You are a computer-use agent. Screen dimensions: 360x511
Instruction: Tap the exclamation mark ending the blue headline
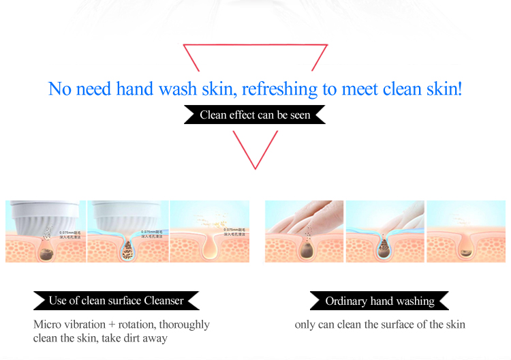click(x=459, y=89)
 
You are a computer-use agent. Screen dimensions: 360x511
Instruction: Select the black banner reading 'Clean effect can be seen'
click(x=255, y=115)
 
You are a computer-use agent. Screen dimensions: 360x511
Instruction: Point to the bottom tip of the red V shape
click(x=255, y=168)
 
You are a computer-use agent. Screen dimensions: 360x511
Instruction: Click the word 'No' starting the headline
click(x=59, y=89)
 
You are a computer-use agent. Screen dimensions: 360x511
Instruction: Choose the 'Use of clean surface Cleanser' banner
click(x=117, y=301)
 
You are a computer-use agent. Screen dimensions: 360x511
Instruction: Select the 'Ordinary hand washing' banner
click(x=380, y=301)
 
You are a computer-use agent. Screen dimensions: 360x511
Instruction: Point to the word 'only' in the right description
click(x=305, y=325)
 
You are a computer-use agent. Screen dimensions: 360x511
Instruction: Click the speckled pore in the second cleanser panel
click(x=127, y=247)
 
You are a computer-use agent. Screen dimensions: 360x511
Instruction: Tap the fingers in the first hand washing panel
click(x=300, y=217)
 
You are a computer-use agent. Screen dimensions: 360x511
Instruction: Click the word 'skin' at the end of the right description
click(x=454, y=325)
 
